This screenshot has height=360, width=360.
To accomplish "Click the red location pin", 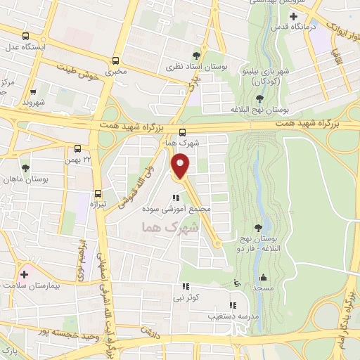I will click(x=181, y=166).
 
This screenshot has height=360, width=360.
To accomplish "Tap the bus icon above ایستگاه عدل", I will click(x=26, y=37).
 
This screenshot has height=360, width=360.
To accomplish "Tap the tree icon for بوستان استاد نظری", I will click(x=196, y=56).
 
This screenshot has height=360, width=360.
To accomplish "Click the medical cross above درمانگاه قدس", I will click(x=293, y=15).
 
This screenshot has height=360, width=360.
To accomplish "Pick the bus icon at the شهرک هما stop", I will click(x=183, y=132).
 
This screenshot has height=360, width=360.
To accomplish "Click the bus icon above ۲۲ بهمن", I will click(x=77, y=148).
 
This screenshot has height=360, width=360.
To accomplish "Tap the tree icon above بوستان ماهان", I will click(x=26, y=168).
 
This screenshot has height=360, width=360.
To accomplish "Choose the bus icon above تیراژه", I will click(x=97, y=193).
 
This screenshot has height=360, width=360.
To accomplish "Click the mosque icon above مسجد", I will click(x=263, y=277).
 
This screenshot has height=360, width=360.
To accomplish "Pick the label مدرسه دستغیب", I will click(x=231, y=316).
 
